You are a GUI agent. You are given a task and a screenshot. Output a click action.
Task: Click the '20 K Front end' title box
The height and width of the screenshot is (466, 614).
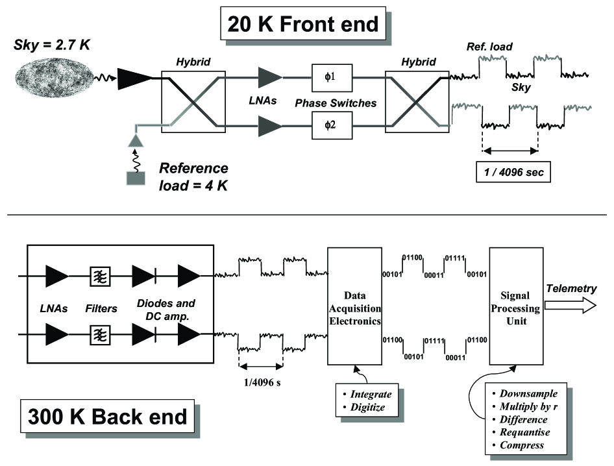pyautogui.click(x=302, y=24)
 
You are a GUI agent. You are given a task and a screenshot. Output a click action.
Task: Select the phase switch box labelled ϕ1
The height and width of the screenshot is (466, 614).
pyautogui.click(x=331, y=79)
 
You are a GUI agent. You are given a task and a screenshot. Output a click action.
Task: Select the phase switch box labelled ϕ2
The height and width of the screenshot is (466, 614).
pyautogui.click(x=331, y=125)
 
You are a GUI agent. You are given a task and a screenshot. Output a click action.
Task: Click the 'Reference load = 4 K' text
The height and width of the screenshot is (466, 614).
pyautogui.click(x=194, y=177)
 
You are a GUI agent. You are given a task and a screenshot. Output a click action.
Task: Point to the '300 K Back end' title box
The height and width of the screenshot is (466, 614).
pyautogui.click(x=106, y=415)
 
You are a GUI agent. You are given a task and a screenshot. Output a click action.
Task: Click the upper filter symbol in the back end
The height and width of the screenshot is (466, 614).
pyautogui.click(x=99, y=276)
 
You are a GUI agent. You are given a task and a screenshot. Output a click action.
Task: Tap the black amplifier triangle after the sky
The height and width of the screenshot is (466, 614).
pyautogui.click(x=133, y=80)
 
